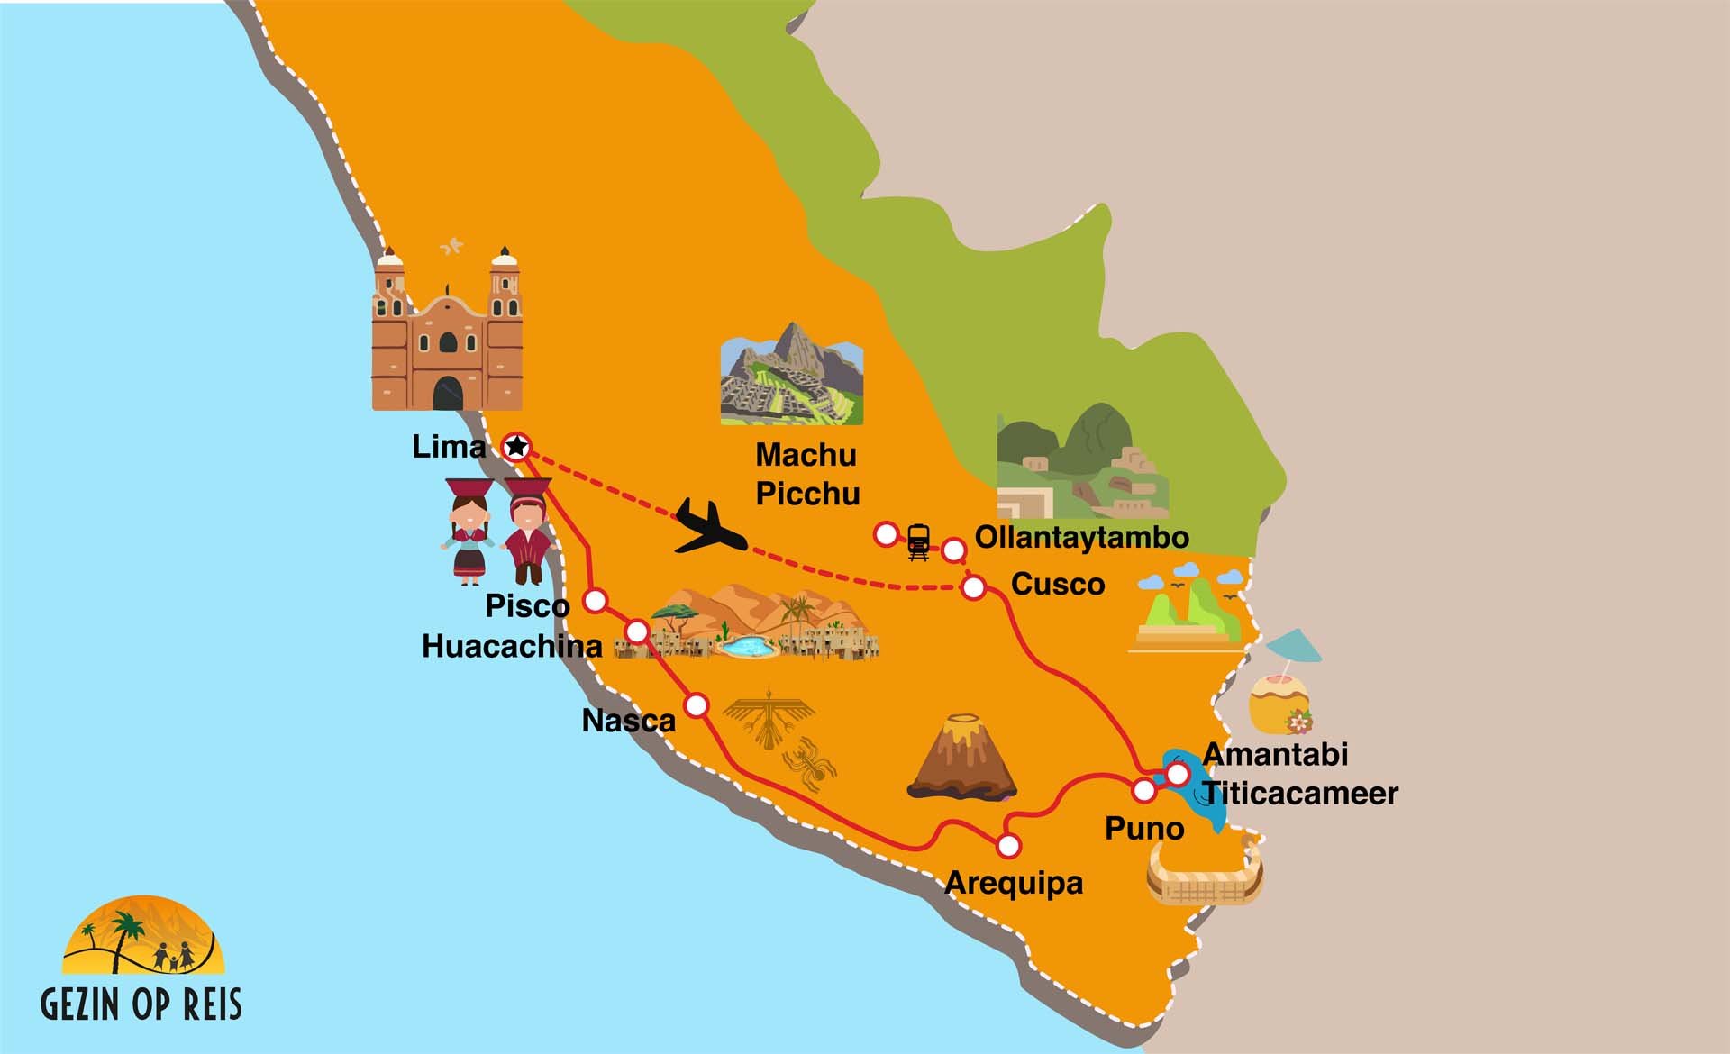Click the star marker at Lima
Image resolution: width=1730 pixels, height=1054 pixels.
(516, 446)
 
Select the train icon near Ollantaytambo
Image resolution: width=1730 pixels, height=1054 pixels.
(918, 541)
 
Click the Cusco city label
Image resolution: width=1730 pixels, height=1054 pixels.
(1058, 584)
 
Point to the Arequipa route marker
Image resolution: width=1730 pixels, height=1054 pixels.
(1008, 845)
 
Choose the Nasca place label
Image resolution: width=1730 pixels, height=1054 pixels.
(628, 721)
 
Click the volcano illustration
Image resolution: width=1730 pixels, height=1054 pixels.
(962, 758)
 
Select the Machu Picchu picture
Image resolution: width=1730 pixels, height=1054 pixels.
(791, 374)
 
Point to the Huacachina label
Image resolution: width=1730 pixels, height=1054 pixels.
(512, 646)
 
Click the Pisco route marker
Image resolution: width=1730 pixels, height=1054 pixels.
(595, 601)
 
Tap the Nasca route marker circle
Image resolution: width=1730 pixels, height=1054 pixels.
(697, 704)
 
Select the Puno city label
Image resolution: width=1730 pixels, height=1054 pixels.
(1144, 828)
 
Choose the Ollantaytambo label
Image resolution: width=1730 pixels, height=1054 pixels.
(1081, 537)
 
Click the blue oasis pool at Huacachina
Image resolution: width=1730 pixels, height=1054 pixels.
(748, 646)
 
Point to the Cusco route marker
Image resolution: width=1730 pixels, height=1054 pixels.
(973, 588)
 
